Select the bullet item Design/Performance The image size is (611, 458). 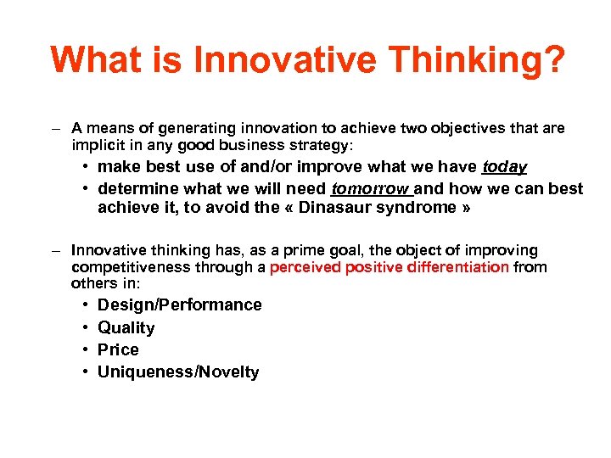(180, 304)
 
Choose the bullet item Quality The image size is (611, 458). (126, 327)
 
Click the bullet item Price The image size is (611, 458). (118, 349)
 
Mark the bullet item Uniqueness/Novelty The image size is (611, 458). (178, 371)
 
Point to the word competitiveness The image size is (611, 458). (125, 267)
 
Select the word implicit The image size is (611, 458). (97, 145)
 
